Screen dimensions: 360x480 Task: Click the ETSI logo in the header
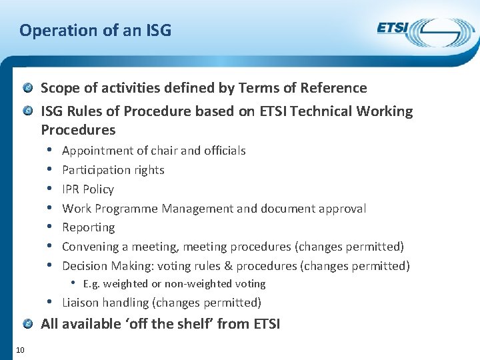tap(425, 31)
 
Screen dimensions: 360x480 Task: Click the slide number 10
tap(21, 350)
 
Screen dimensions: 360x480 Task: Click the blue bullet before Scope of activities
tap(28, 87)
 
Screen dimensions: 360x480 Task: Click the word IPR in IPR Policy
tap(71, 189)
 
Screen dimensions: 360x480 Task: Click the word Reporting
tap(88, 227)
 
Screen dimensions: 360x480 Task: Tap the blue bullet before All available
tap(28, 324)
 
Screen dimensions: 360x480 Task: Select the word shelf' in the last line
tap(231, 325)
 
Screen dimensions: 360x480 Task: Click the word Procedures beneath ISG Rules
tap(78, 129)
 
